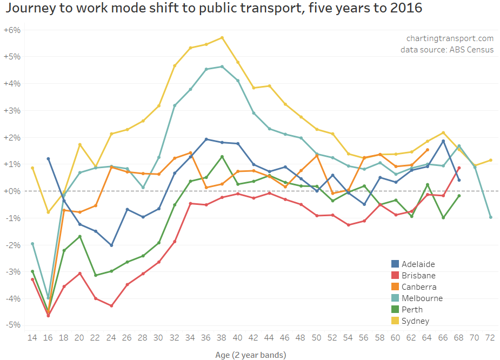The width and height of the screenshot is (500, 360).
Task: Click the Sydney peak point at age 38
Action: point(222,38)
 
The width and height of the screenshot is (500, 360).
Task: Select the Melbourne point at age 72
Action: point(491,217)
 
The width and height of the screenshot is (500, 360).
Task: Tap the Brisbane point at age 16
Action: point(48,316)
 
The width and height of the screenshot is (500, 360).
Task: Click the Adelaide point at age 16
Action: point(48,159)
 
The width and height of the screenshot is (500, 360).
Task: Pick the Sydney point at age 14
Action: point(32,168)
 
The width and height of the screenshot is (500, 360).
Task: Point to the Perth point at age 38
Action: point(222,157)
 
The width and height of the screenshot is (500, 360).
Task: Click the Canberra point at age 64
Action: point(428,150)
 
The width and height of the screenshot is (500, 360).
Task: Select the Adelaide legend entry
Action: point(418,264)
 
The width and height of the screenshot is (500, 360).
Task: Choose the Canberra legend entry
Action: point(419,287)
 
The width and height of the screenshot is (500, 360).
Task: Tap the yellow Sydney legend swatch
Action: point(395,321)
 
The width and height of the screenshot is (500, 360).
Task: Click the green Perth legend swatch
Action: point(395,310)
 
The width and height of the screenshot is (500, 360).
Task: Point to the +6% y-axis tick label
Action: point(11,30)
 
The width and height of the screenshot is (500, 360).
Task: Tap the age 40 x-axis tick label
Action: point(238,338)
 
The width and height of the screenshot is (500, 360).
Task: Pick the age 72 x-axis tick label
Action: point(491,338)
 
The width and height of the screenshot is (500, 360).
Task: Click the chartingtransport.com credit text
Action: point(450,38)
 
